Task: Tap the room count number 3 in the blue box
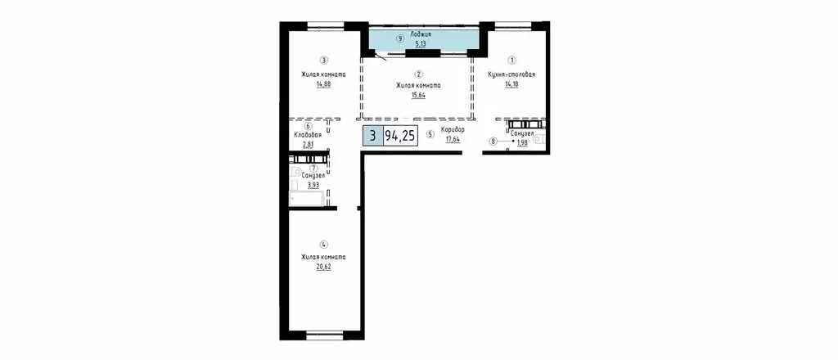[x=372, y=137]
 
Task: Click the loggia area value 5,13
[x=421, y=46]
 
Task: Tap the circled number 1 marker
[x=511, y=59]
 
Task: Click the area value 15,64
[x=418, y=95]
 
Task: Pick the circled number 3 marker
[x=323, y=59]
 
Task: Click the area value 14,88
[x=323, y=84]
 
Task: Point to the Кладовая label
[x=306, y=135]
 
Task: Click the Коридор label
[x=453, y=130]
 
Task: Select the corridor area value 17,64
[x=453, y=139]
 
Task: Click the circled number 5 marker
[x=430, y=135]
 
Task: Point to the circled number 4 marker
[x=324, y=244]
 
